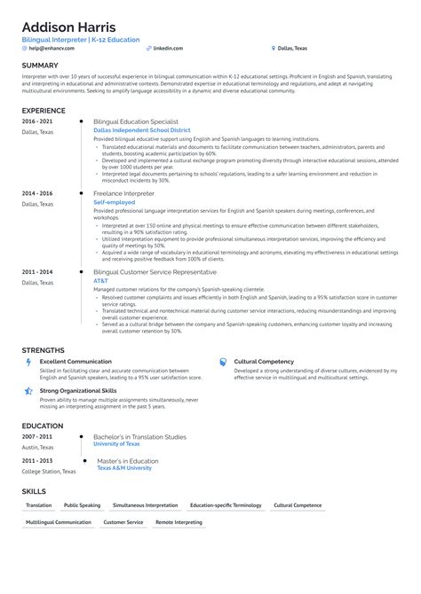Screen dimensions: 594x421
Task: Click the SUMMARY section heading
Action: click(40, 66)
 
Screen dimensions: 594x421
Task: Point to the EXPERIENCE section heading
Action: click(44, 110)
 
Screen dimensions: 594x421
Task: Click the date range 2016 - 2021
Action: click(36, 120)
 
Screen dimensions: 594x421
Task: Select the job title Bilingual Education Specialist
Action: click(136, 120)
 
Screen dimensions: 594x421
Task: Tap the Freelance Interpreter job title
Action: click(123, 192)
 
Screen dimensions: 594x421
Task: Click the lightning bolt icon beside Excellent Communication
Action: click(28, 362)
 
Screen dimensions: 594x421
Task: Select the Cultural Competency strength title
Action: click(264, 362)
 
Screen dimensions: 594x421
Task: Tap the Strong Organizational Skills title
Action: click(78, 390)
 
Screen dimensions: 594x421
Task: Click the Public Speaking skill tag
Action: click(83, 504)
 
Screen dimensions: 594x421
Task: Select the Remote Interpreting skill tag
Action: click(179, 522)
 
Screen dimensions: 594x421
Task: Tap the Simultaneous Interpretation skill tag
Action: click(146, 504)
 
